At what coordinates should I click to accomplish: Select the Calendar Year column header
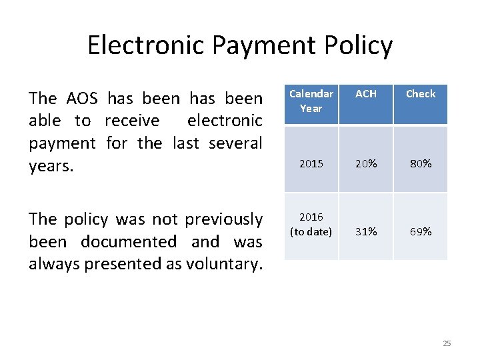tap(311, 101)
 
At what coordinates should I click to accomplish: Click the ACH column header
tap(365, 94)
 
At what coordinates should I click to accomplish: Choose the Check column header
tap(421, 94)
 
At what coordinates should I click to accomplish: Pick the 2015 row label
tap(311, 163)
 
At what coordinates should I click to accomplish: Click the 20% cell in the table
tap(365, 163)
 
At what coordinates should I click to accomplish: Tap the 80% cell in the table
tap(421, 163)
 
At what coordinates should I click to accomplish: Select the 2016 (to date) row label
tap(311, 224)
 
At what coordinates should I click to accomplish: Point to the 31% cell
tap(365, 231)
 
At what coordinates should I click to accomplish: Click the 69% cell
tap(421, 231)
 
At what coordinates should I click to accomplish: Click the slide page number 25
tap(447, 343)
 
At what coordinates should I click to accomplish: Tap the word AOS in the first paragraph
tap(82, 99)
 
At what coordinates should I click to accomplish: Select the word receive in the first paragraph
tap(132, 121)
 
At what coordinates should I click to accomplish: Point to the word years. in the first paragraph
tap(51, 165)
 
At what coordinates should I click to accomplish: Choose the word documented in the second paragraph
tap(128, 241)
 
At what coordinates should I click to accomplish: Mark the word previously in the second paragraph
tap(223, 219)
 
